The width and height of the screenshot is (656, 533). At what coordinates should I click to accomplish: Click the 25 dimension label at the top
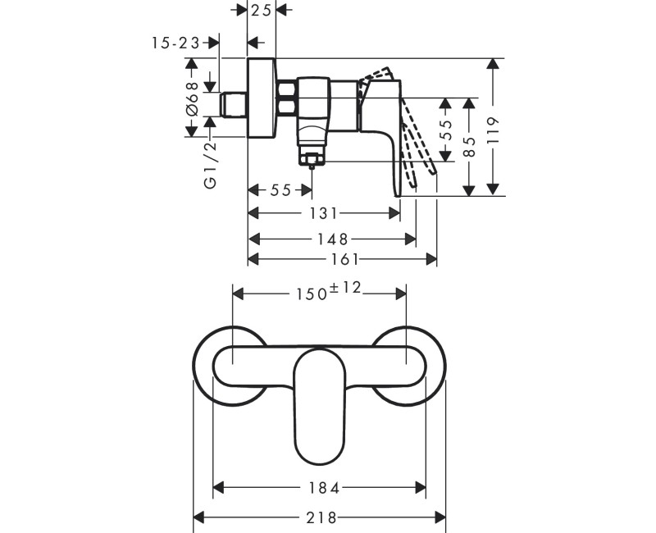262,10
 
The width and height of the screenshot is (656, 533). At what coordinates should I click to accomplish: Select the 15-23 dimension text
176,43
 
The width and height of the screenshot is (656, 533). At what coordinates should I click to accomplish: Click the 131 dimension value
324,213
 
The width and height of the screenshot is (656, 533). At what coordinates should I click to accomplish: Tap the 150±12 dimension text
321,291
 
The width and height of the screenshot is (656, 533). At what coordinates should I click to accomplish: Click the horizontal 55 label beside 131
280,190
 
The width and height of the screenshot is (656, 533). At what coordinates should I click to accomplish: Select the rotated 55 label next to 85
447,131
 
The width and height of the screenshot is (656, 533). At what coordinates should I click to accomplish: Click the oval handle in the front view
320,406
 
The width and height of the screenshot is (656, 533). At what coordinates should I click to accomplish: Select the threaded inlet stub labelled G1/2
235,104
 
